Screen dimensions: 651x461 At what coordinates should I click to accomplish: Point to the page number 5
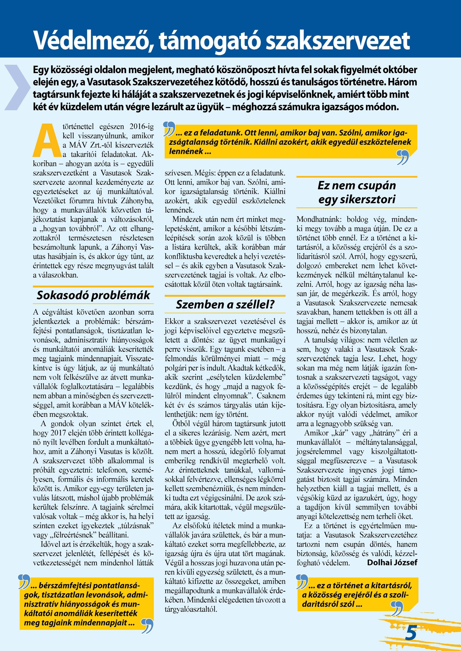tap(411, 633)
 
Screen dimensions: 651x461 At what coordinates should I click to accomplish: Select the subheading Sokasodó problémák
tap(93, 295)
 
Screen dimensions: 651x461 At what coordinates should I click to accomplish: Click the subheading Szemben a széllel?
tap(225, 304)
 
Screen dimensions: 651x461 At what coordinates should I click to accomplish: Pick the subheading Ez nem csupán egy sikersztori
tap(357, 192)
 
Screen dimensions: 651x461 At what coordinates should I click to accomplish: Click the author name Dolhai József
tap(392, 562)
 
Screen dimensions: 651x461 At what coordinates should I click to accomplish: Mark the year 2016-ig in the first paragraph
tap(141, 126)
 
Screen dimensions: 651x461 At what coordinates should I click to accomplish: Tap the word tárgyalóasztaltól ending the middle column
tap(191, 609)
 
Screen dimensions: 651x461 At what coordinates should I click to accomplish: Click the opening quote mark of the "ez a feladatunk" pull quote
tap(169, 129)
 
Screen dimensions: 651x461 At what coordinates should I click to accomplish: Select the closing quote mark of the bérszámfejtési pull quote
tap(147, 626)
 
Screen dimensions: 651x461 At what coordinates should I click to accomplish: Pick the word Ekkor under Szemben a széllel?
tap(174, 321)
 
